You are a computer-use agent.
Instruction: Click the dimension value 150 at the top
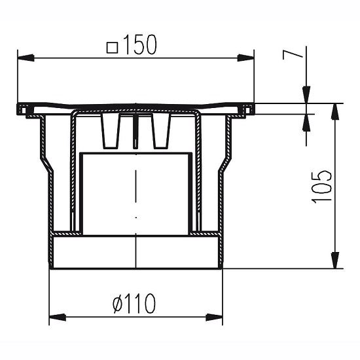(x=143, y=46)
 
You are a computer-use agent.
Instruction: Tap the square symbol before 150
(x=112, y=47)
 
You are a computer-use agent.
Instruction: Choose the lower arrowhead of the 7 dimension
(x=306, y=121)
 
